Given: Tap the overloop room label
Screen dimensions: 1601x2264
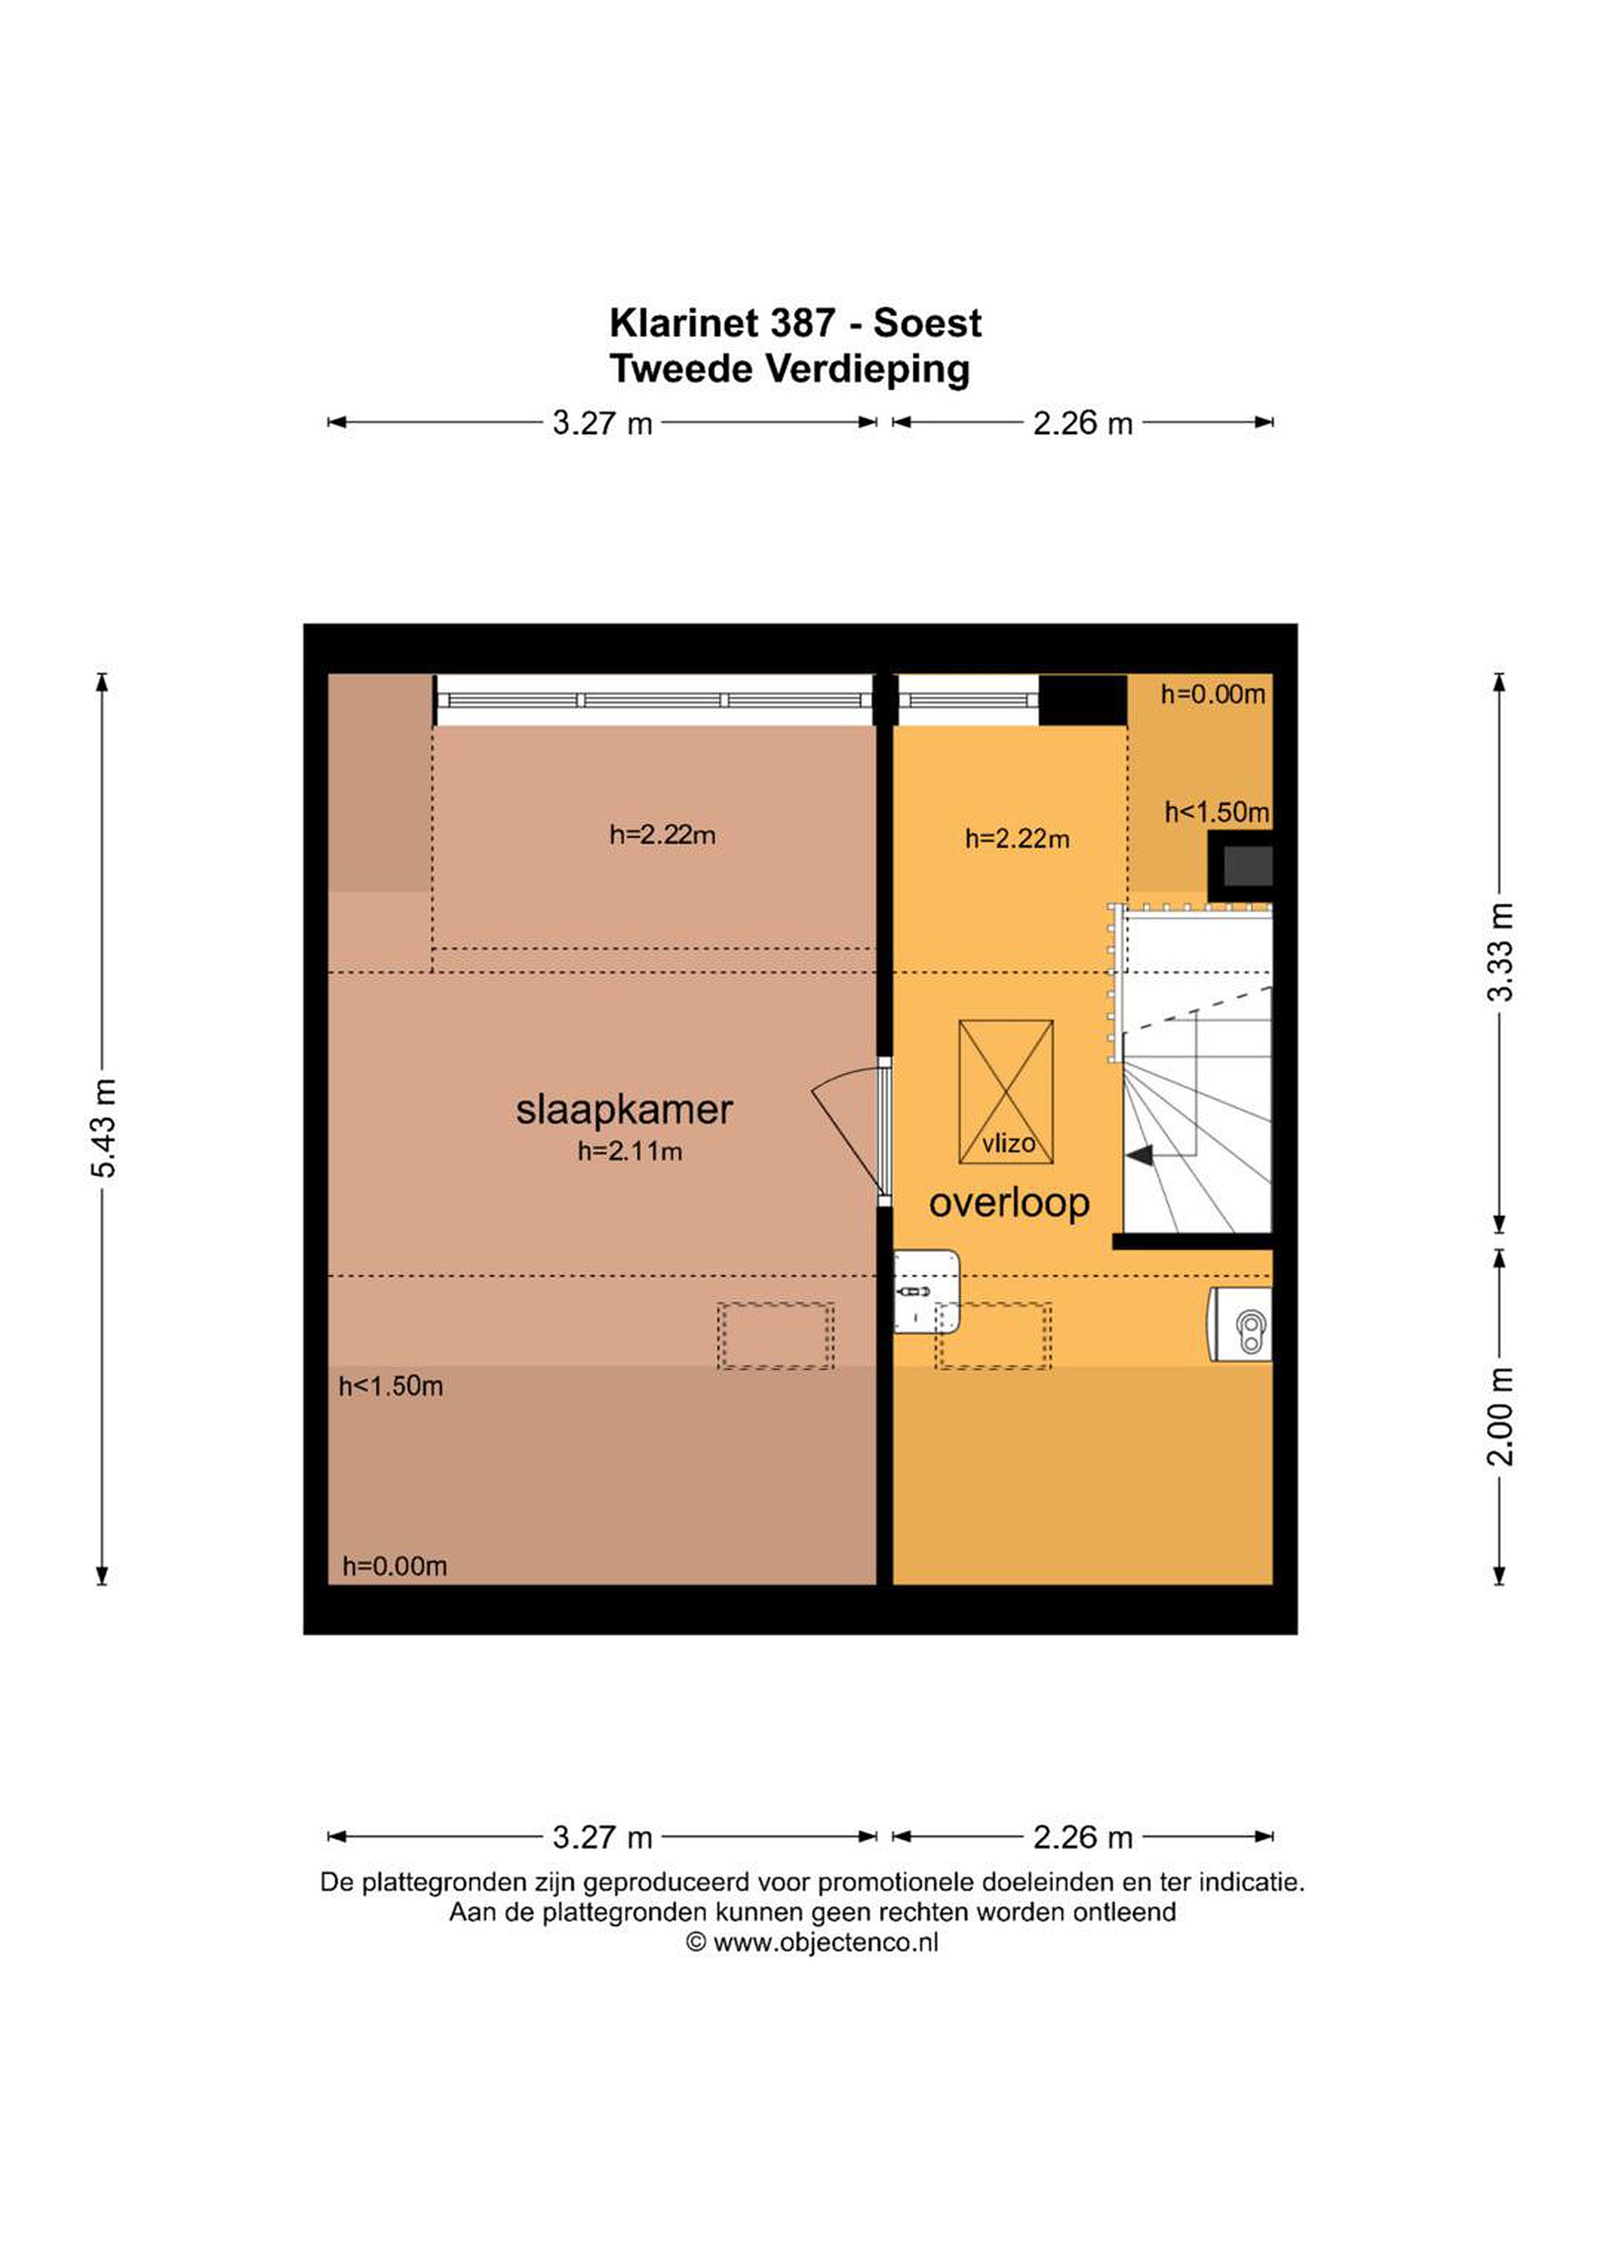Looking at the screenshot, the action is point(1009,1203).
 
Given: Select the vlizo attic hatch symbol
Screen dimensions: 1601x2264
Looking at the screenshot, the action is point(1007,1092).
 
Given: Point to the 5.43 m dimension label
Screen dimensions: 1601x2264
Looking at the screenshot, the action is point(105,1128).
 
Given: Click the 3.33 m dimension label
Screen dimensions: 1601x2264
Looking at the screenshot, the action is point(1500,951).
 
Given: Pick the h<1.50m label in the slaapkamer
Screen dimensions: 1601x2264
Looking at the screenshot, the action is point(391,1387).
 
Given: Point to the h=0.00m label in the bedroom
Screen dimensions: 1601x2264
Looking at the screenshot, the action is point(395,1566).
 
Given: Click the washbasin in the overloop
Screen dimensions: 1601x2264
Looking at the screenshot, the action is point(926,1292).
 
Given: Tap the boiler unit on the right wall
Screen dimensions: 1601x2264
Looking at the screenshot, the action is point(1240,1325).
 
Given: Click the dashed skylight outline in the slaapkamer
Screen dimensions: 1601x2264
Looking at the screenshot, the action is point(775,1336).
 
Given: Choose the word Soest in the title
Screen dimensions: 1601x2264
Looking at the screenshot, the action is point(927,323).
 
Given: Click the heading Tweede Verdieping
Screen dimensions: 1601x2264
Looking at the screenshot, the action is point(790,369).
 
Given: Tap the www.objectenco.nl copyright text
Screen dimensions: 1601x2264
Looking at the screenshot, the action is point(812,1942).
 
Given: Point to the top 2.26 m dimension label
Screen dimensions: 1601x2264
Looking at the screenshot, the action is point(1082,423).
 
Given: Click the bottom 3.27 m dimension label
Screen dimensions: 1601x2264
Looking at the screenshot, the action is point(602,1838).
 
